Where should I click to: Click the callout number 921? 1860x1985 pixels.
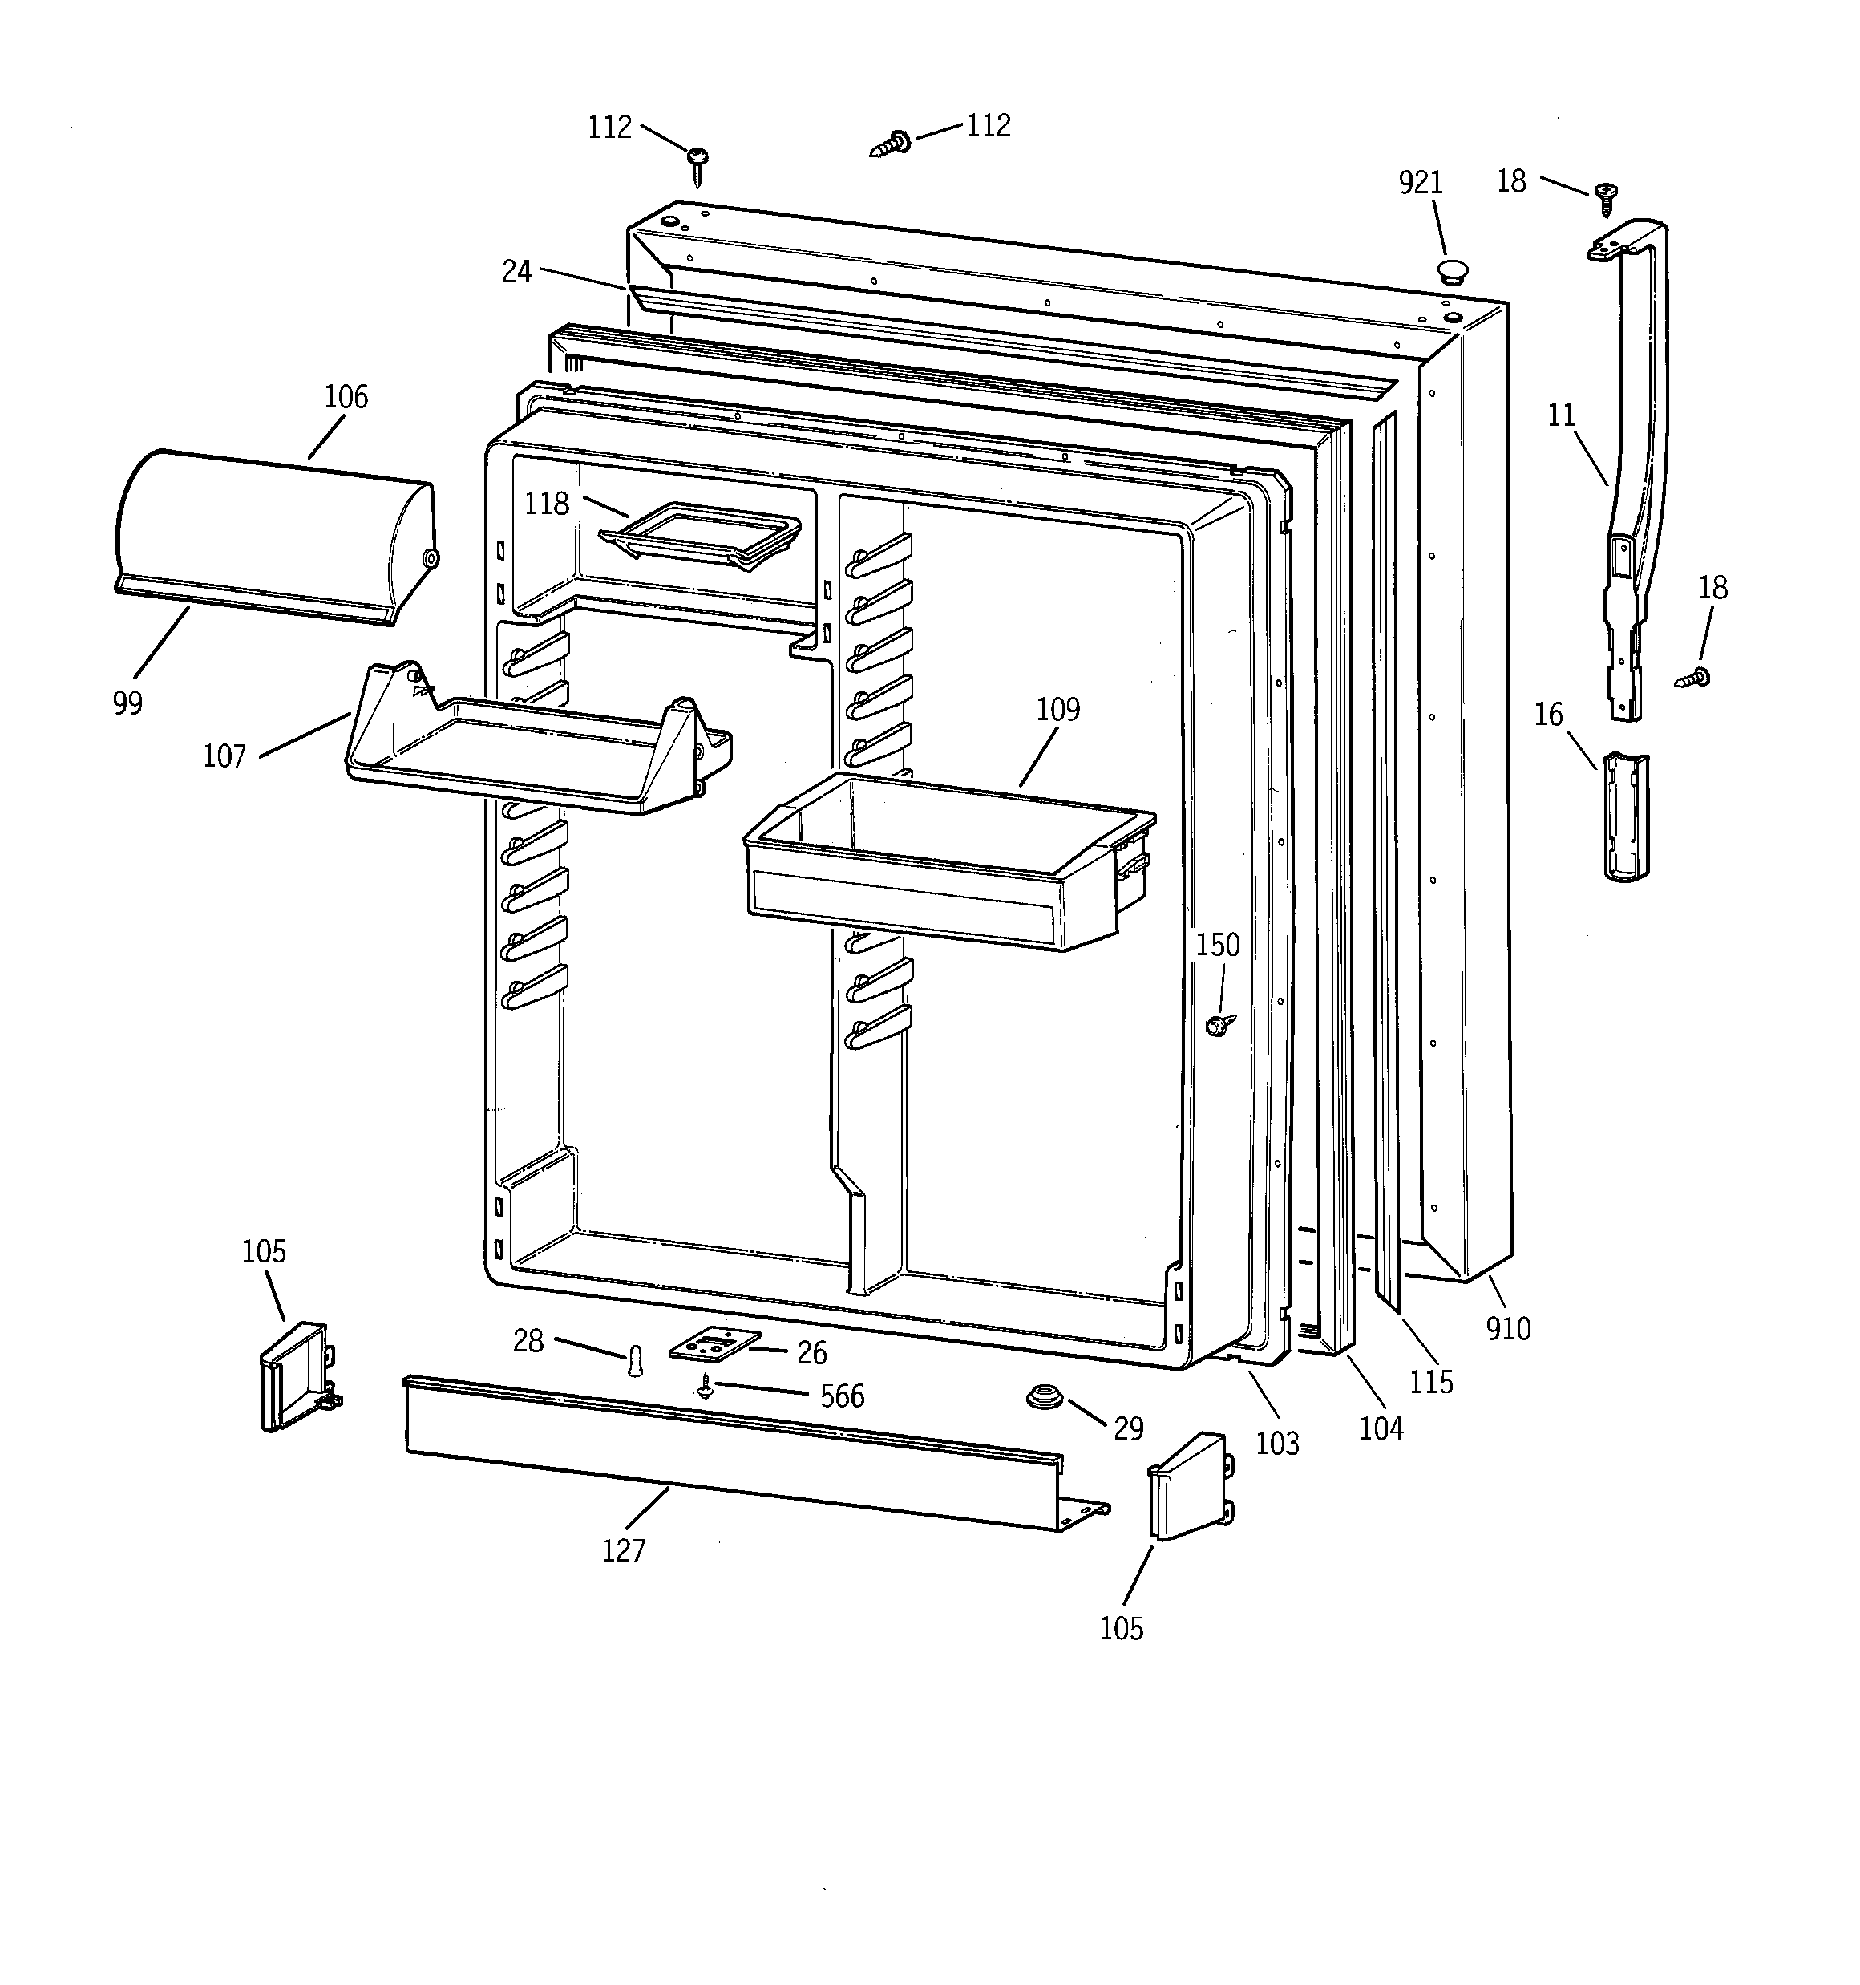pos(1420,183)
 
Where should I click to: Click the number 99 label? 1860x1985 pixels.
pos(127,703)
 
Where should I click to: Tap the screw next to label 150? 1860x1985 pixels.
pos(1218,1024)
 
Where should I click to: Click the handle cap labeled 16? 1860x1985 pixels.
pos(1625,816)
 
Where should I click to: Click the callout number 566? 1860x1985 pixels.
pos(842,1396)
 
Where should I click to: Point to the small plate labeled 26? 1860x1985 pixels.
pos(714,1345)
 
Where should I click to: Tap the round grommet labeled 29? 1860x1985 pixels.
pos(1042,1396)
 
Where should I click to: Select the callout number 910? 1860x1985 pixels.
pos(1507,1328)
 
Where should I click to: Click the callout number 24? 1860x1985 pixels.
pos(516,272)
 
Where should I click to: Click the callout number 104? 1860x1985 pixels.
pos(1381,1429)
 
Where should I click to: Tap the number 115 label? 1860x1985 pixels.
pos(1431,1382)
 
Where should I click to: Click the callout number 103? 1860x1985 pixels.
pos(1277,1443)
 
